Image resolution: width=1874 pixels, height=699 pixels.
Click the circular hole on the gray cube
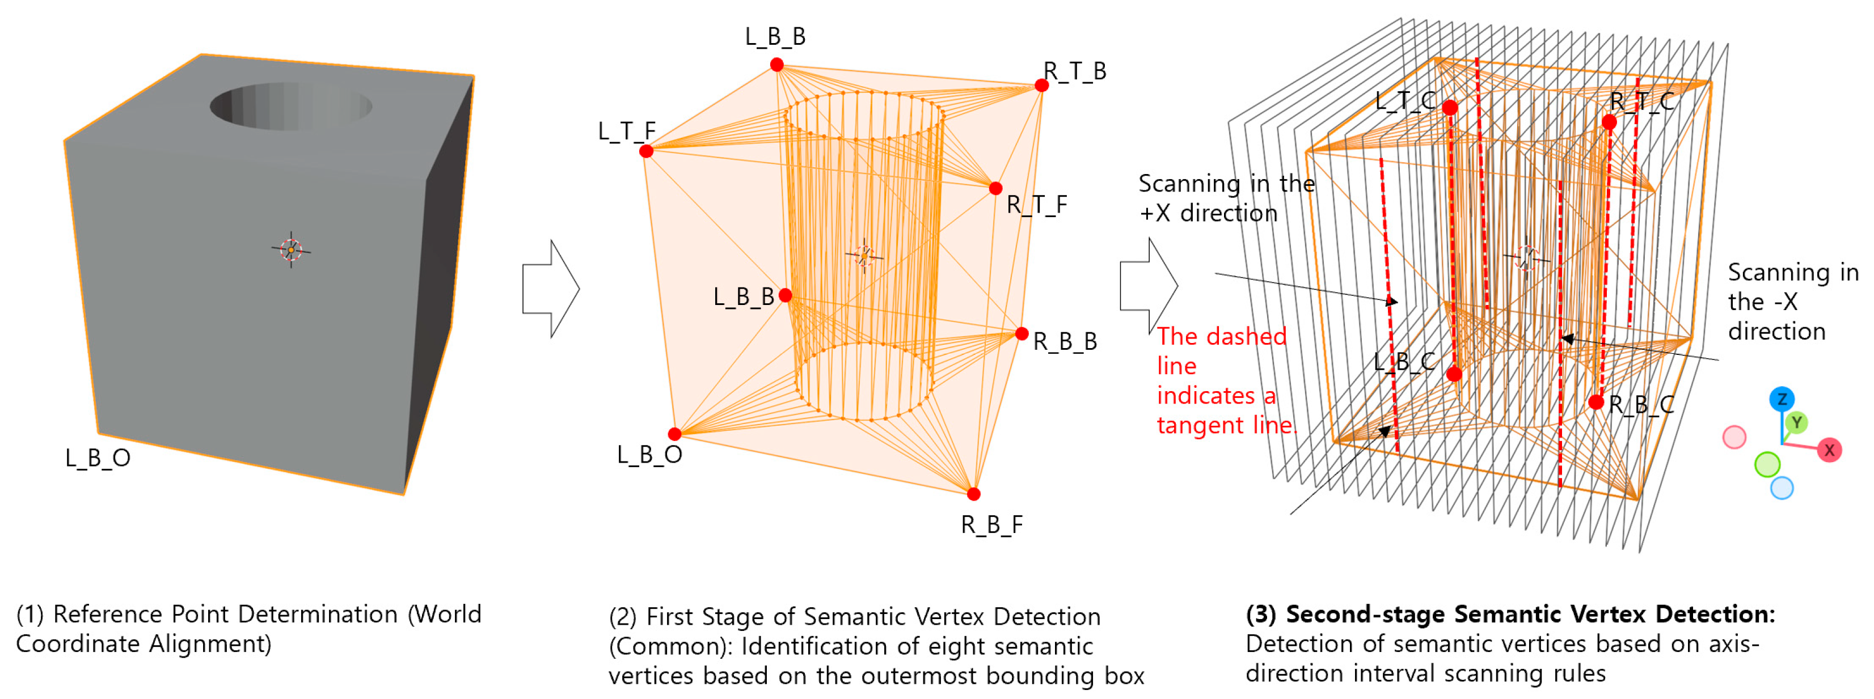pos(291,106)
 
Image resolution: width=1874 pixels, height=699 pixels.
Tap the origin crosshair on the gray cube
pos(291,249)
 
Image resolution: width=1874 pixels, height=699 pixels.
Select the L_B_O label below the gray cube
pos(98,458)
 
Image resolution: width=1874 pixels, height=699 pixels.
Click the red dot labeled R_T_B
pos(1042,86)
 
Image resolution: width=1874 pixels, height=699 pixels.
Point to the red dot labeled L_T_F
pos(646,151)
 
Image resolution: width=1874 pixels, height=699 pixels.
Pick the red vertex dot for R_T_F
pos(995,188)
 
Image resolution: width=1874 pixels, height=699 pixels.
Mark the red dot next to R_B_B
pos(1022,334)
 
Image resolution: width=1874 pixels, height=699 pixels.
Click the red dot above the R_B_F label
pos(973,494)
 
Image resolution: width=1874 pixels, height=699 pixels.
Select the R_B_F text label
pos(991,524)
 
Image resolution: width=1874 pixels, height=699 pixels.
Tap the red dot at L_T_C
pos(1450,108)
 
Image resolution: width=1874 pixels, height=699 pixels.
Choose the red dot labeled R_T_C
pos(1609,122)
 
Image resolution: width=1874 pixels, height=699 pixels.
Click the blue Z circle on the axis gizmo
pos(1782,399)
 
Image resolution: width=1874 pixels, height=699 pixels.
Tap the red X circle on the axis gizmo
pos(1829,450)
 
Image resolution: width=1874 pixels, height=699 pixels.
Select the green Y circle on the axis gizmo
pos(1796,422)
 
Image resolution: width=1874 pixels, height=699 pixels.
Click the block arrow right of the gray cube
pos(551,289)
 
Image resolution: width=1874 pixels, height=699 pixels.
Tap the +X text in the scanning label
pos(1155,214)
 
